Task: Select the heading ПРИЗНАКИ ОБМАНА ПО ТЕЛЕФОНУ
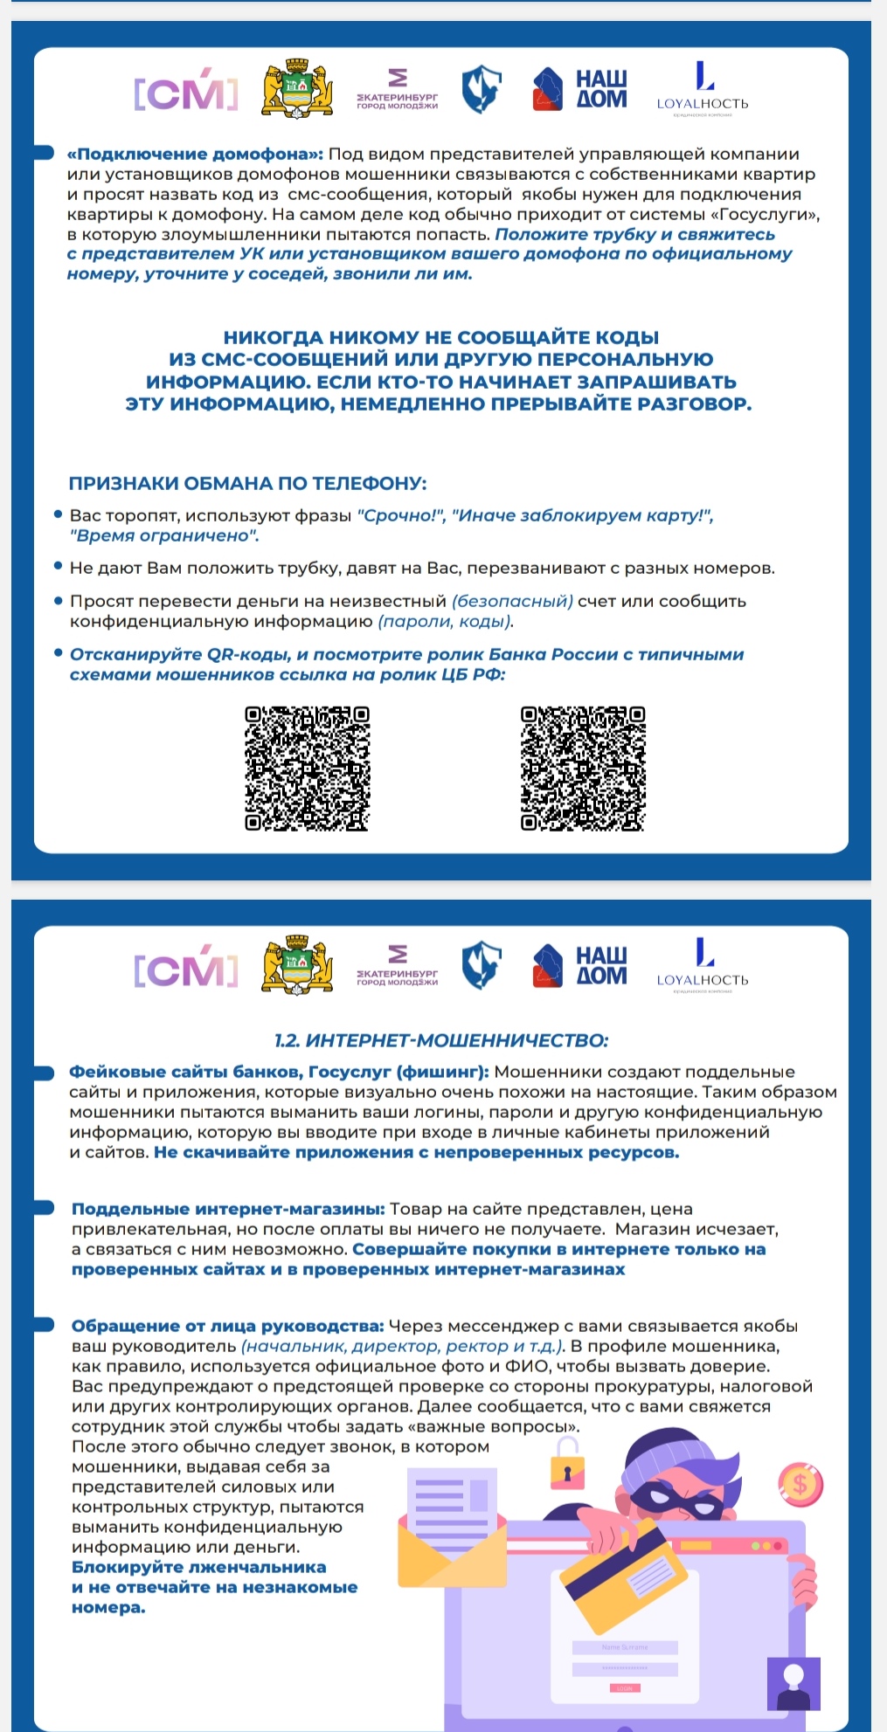247,483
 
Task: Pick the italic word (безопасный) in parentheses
512,601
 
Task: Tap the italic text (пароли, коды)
446,621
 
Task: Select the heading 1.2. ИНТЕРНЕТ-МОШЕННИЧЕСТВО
441,1039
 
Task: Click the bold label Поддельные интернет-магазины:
228,1209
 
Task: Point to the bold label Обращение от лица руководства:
228,1326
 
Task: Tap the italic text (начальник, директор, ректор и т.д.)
403,1346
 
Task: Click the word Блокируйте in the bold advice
129,1567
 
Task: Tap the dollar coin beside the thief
800,1482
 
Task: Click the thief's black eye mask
673,1501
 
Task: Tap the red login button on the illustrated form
624,1688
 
